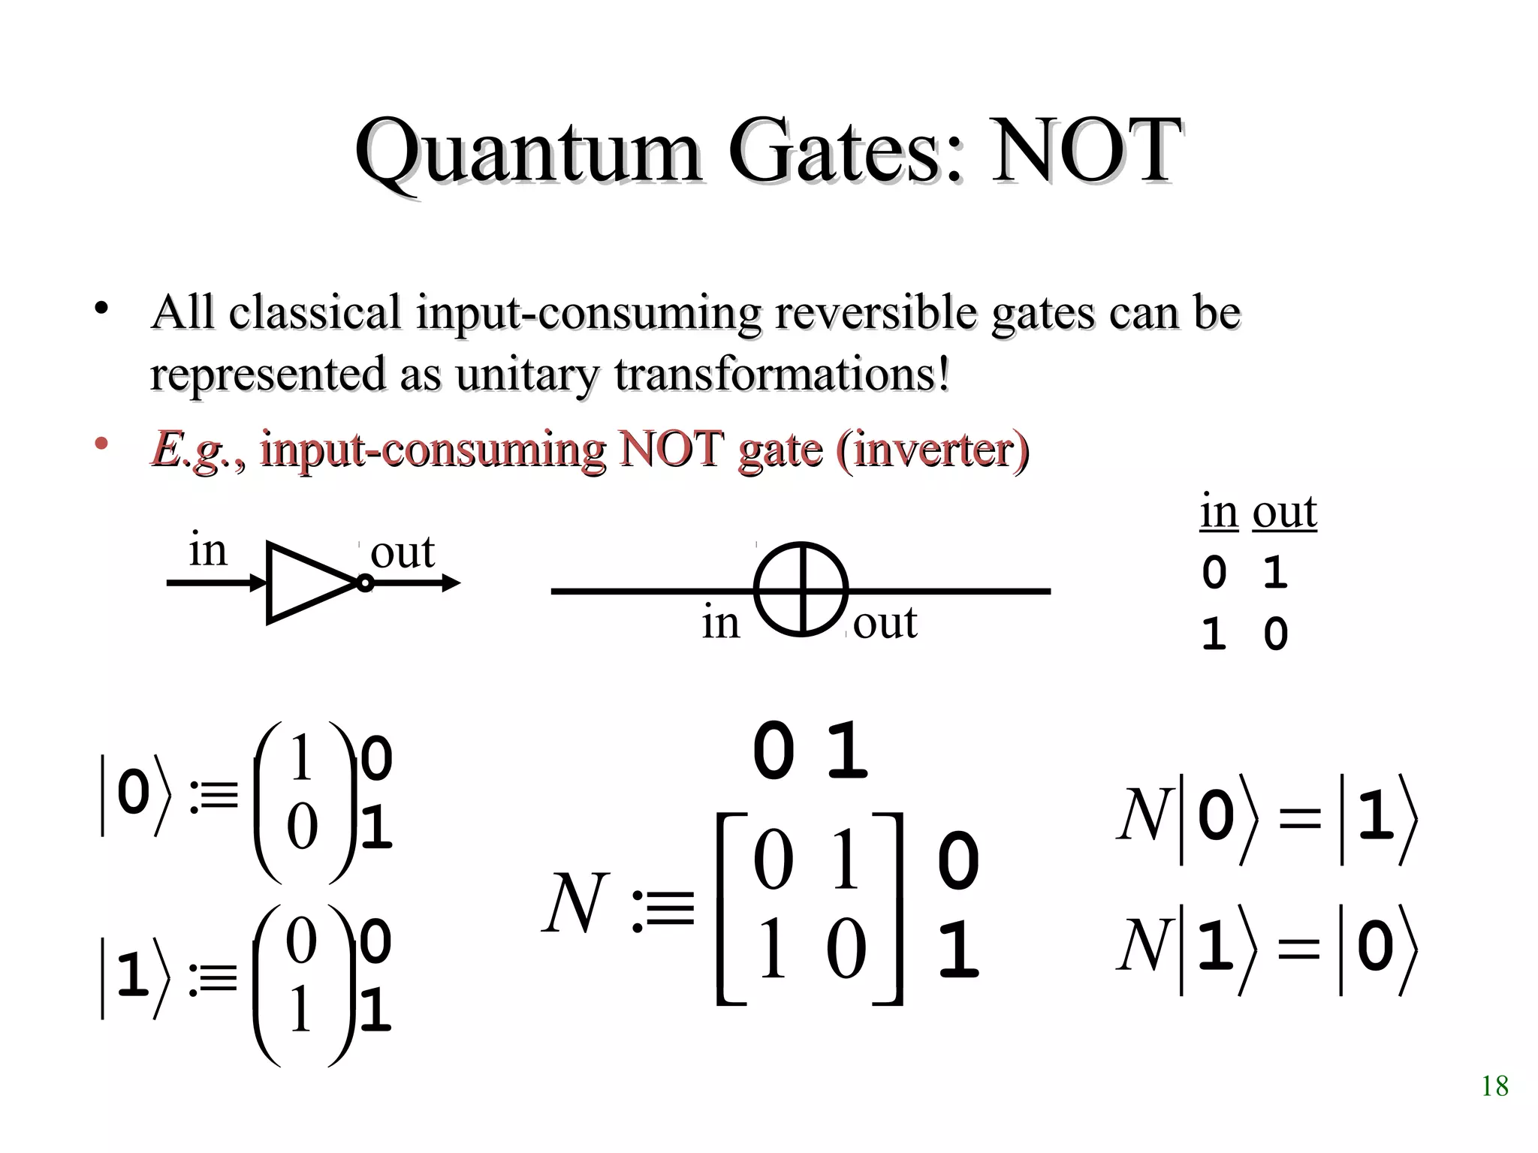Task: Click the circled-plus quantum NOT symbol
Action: [x=801, y=589]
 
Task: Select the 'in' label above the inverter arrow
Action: [x=207, y=550]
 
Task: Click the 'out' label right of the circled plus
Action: [x=885, y=622]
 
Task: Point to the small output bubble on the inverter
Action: [x=364, y=583]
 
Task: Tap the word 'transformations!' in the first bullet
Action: [x=782, y=373]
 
